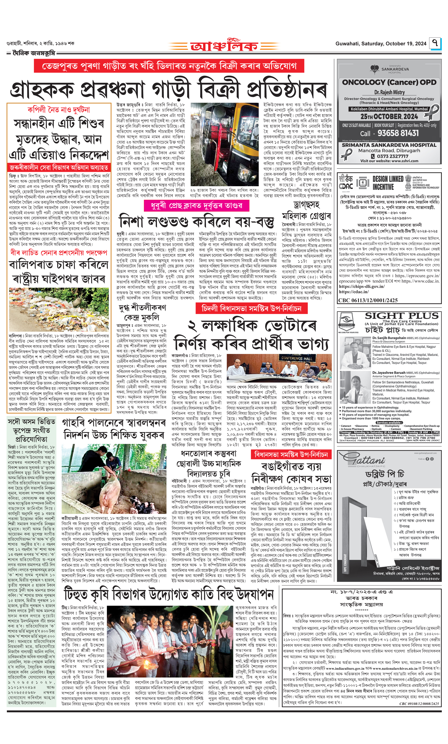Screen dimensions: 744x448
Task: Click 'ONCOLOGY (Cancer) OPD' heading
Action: pos(389,82)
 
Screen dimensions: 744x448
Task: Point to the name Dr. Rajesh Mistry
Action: pos(389,92)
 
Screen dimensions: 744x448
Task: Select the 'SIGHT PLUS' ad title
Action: pos(401,316)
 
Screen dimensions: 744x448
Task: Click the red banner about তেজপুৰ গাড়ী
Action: pos(169,66)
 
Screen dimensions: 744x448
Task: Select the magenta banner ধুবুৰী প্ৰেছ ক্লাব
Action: pos(196,206)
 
